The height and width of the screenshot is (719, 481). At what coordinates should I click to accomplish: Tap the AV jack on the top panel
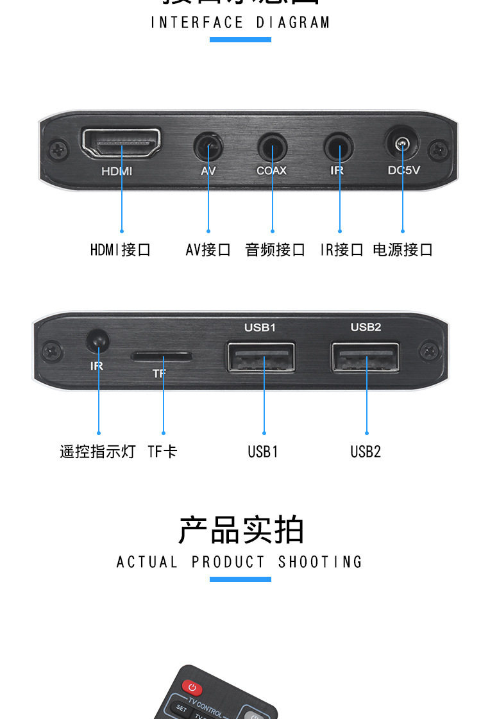208,148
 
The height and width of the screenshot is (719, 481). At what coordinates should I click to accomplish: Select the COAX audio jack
273,148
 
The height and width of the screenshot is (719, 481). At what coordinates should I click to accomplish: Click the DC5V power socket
403,144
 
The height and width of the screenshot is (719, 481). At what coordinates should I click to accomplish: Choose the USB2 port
366,358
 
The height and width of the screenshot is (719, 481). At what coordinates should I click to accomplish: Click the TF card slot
162,356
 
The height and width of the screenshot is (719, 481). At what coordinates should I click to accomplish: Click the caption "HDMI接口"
121,250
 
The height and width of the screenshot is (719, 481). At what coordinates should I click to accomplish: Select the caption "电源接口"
403,250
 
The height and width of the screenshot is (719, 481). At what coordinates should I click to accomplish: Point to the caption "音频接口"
275,250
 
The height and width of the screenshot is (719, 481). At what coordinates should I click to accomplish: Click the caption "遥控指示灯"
97,452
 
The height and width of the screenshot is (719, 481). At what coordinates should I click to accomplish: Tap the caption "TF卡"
162,452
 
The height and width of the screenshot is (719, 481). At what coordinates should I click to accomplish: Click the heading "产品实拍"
240,530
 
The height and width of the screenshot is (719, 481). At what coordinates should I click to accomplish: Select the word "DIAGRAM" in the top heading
293,23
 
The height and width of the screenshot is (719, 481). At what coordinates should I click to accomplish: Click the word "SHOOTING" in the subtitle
320,563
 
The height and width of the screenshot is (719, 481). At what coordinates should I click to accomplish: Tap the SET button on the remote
181,709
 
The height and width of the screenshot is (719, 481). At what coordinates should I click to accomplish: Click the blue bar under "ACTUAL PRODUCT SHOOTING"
240,579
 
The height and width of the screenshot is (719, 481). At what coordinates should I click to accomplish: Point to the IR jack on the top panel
339,148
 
